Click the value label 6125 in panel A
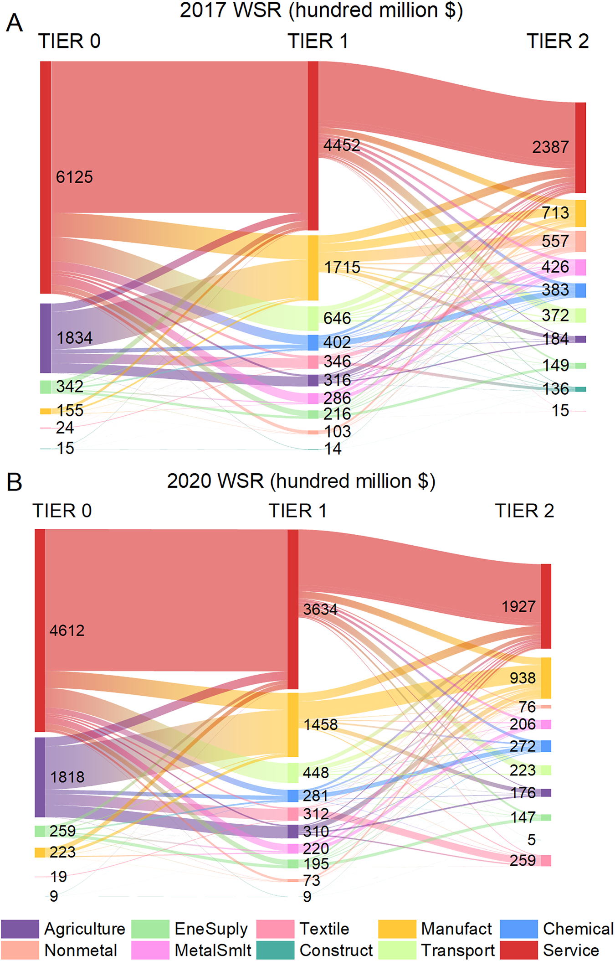click(74, 177)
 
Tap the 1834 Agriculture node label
click(74, 338)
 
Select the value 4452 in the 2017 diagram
click(342, 145)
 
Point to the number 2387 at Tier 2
click(550, 147)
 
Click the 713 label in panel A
click(555, 212)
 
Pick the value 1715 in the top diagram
click(342, 267)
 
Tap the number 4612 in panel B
click(67, 630)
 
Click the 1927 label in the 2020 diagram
click(518, 606)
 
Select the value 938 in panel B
click(523, 678)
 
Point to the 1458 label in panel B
click(321, 724)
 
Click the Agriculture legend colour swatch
click(20, 929)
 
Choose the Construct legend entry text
click(336, 950)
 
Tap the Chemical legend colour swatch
click(519, 929)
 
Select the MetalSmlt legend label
click(213, 950)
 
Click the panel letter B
click(14, 482)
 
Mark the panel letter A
click(14, 22)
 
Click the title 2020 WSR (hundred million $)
click(301, 481)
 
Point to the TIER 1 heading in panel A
click(318, 41)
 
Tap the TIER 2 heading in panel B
click(524, 511)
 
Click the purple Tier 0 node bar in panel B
click(40, 777)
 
